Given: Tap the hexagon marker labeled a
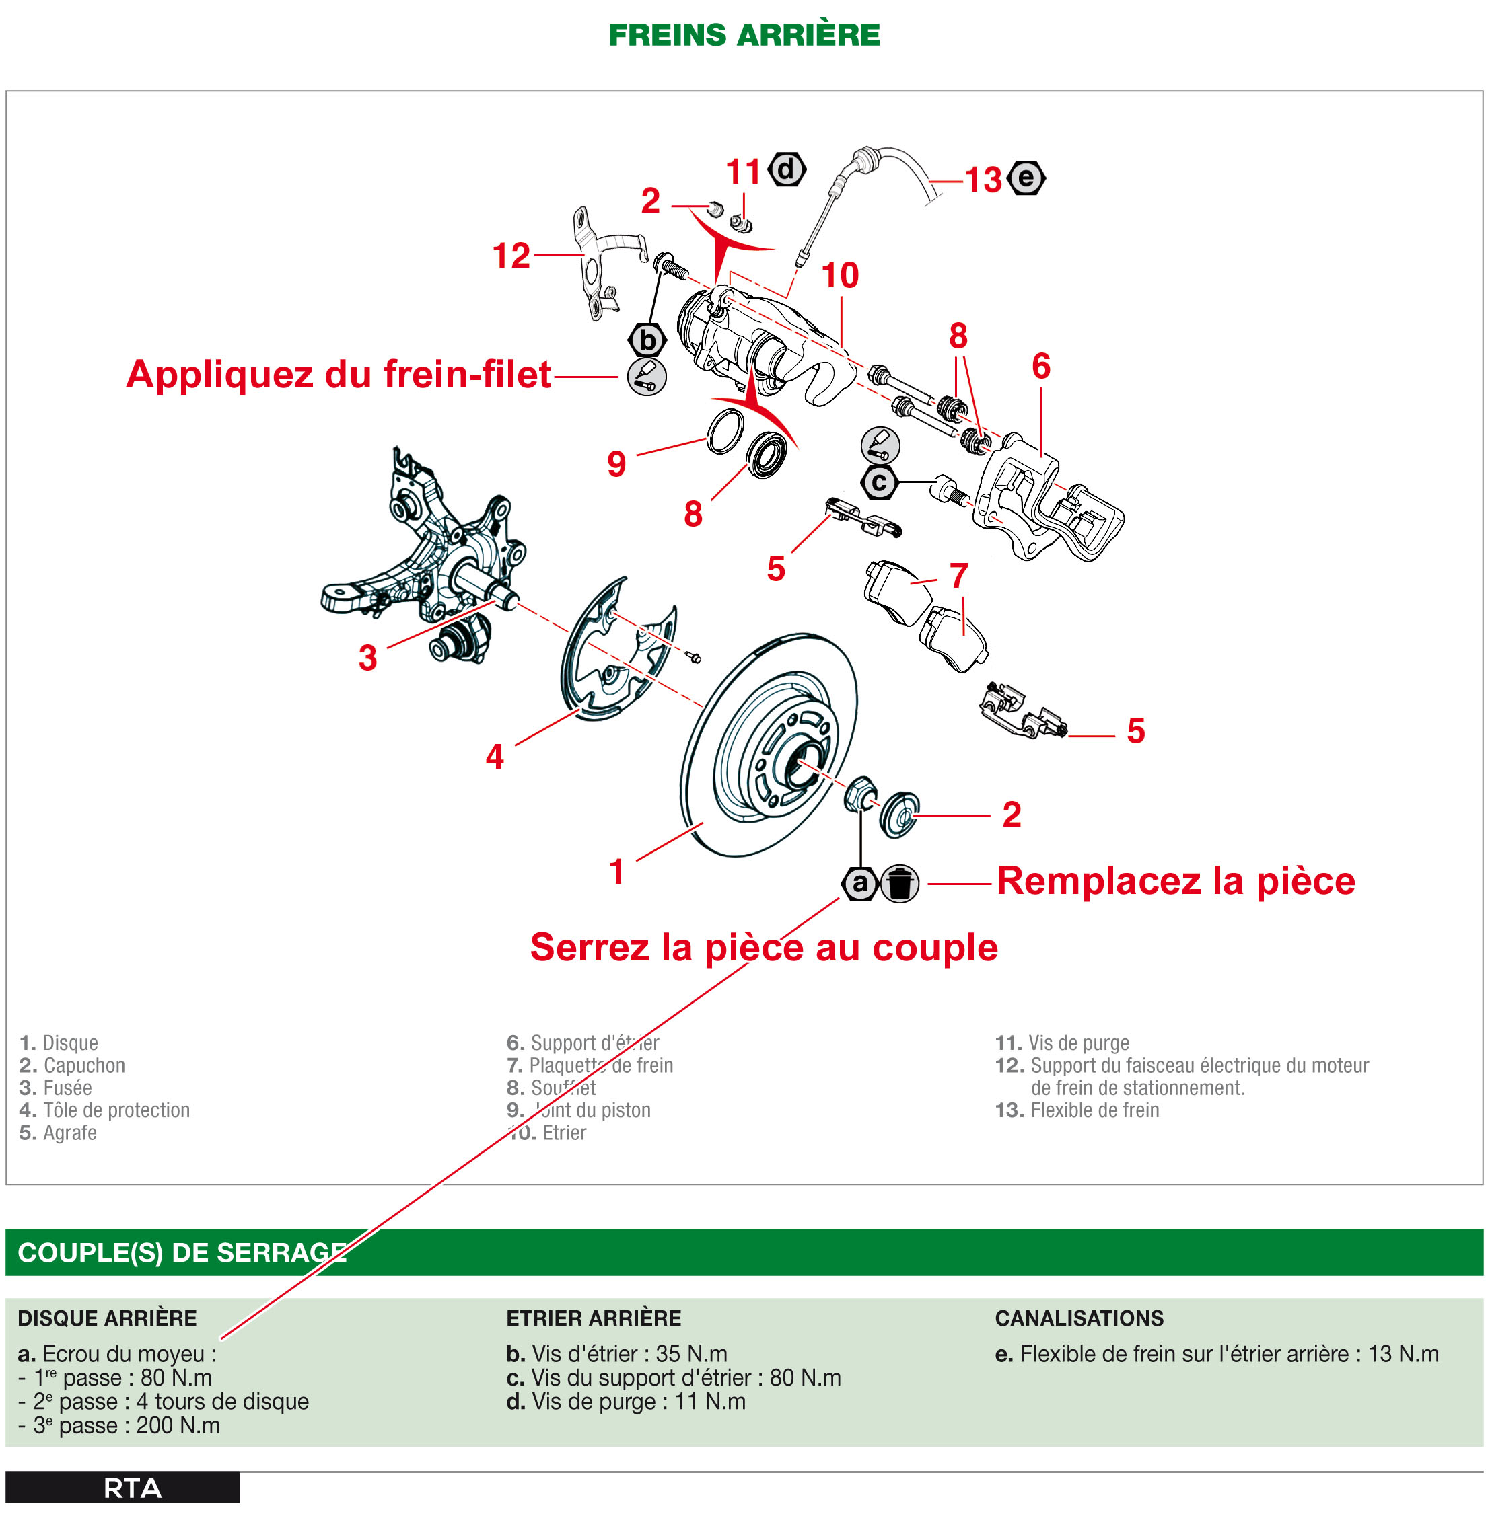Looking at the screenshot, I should [859, 884].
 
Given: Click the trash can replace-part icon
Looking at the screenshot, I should [900, 884].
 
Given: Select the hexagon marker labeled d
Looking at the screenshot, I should [786, 169].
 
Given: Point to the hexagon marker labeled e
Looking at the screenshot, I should [1026, 178].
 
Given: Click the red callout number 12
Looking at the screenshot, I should [511, 256].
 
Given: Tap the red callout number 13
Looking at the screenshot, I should [983, 180].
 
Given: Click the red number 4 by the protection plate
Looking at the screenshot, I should [494, 756].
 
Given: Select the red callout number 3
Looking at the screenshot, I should [367, 658].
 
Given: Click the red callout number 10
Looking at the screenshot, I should [840, 275].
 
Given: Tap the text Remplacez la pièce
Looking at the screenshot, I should [1176, 881].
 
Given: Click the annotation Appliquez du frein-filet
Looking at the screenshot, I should [339, 374].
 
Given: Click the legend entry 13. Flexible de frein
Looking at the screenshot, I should [1076, 1110].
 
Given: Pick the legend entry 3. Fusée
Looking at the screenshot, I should [55, 1088].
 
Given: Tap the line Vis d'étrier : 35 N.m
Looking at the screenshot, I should [616, 1353].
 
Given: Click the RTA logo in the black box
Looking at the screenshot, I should [132, 1488].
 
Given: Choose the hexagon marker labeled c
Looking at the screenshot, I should [879, 482].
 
